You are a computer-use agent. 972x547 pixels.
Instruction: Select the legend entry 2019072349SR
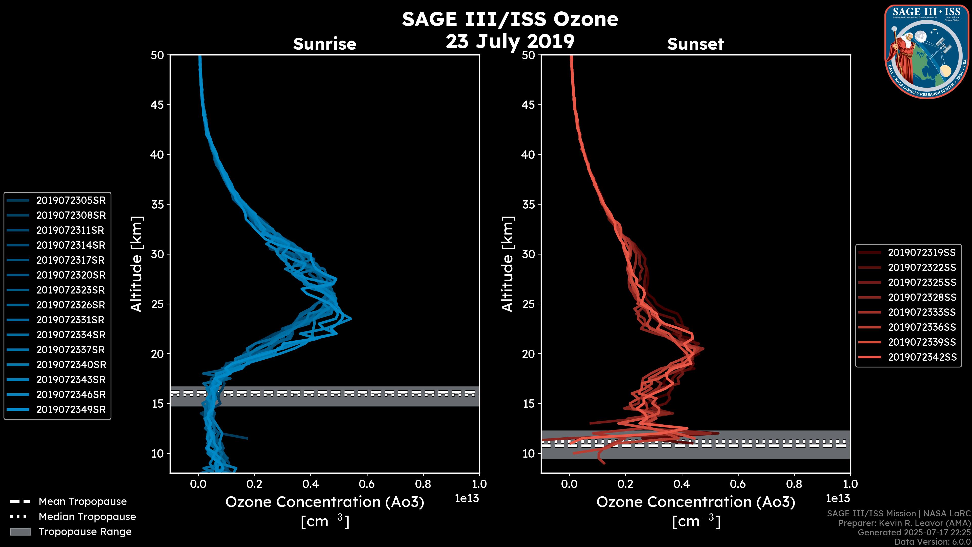(x=71, y=409)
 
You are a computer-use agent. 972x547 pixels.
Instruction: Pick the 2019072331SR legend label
(x=70, y=320)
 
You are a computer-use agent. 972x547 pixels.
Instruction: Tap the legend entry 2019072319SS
(x=922, y=252)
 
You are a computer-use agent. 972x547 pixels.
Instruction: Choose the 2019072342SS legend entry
(x=922, y=357)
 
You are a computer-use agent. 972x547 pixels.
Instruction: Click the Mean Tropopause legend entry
(x=83, y=501)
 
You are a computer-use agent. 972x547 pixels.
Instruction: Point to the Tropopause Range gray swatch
(x=20, y=532)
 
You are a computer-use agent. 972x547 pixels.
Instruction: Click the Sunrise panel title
(x=325, y=44)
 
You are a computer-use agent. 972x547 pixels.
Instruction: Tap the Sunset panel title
(x=695, y=44)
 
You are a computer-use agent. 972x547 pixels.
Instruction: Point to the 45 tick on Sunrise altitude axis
(x=158, y=105)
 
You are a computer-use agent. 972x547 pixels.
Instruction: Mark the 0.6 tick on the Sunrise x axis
(x=367, y=484)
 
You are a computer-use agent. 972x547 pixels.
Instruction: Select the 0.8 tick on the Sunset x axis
(x=794, y=484)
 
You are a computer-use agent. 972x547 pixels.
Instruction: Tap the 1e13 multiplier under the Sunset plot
(x=838, y=498)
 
